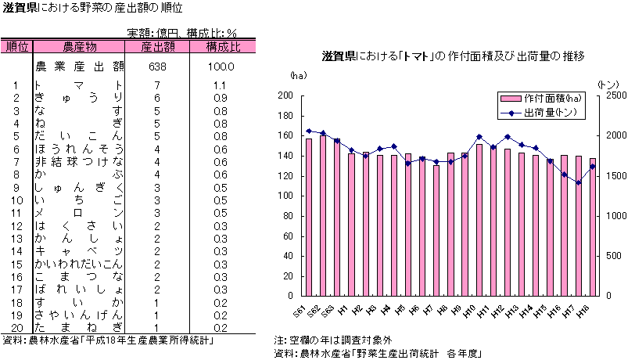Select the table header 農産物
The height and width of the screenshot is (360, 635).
(79, 47)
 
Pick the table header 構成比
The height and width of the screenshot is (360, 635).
(223, 47)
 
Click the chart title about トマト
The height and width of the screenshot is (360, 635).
(454, 56)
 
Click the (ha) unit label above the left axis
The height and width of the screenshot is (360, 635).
(297, 76)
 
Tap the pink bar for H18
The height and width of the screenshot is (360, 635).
(593, 227)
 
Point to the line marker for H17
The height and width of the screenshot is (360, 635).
(579, 182)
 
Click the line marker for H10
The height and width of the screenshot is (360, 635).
(479, 137)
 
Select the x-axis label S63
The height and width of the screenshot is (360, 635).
(328, 310)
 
